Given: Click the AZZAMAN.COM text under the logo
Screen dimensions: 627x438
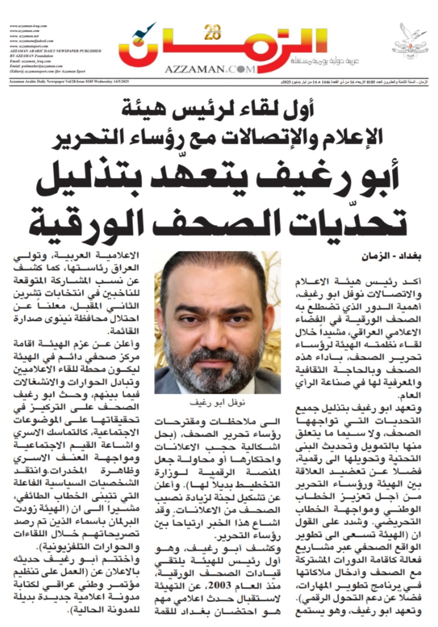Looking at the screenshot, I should coord(210,69).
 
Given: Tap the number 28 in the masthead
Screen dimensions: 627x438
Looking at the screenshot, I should coord(213,32).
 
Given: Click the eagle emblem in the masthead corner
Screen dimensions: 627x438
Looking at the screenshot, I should coord(410,41).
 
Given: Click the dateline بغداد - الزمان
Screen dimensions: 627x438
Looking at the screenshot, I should coord(392,257).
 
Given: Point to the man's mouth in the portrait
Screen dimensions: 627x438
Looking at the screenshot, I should coord(217,351).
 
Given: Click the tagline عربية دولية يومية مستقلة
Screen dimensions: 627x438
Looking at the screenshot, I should coord(325,62).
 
